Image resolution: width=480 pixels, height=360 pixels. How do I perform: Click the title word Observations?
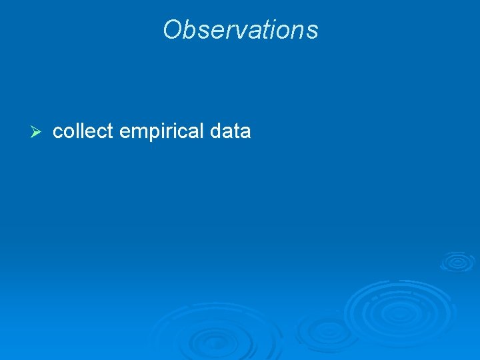(x=240, y=30)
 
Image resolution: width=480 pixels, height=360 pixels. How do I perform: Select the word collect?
(x=83, y=132)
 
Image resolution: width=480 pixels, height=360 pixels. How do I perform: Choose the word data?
(x=230, y=132)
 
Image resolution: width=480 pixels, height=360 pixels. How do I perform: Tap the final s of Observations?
(x=313, y=31)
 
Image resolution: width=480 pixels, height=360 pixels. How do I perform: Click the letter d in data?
(x=215, y=132)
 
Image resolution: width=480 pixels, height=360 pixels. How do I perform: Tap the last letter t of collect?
(x=111, y=132)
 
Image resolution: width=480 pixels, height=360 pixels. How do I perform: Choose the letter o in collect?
(x=67, y=132)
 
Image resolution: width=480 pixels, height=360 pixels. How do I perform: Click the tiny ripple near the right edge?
(x=457, y=261)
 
